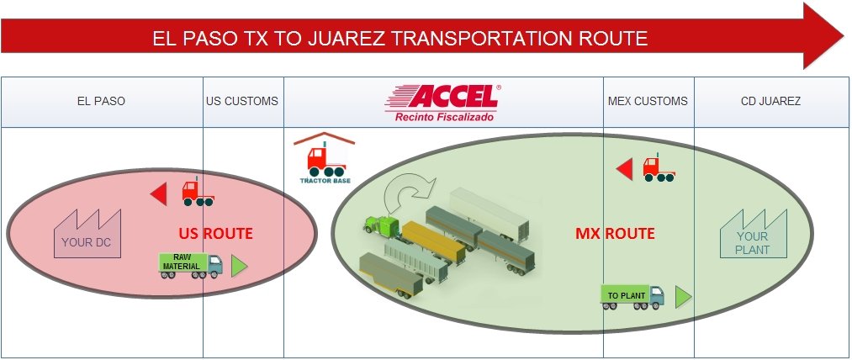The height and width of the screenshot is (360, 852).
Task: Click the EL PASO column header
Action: pyautogui.click(x=101, y=101)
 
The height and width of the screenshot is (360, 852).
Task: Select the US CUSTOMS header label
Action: pyautogui.click(x=241, y=101)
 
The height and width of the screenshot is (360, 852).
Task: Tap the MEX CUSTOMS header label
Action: pyautogui.click(x=648, y=101)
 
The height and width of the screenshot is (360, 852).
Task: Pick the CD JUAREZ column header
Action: pyautogui.click(x=770, y=101)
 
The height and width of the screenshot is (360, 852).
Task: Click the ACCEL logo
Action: pyautogui.click(x=442, y=97)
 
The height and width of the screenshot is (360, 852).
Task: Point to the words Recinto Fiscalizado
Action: pyautogui.click(x=444, y=116)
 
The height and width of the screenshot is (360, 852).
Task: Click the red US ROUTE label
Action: pyautogui.click(x=215, y=233)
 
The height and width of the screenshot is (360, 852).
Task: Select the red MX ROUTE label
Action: pyautogui.click(x=615, y=233)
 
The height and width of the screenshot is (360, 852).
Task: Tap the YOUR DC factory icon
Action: pyautogui.click(x=87, y=234)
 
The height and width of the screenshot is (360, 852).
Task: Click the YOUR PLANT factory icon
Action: pyautogui.click(x=753, y=234)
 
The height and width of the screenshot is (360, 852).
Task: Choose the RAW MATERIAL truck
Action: pyautogui.click(x=190, y=266)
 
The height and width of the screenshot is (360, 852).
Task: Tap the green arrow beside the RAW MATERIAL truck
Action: pyautogui.click(x=238, y=266)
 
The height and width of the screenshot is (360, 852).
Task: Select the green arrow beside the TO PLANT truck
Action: pyautogui.click(x=682, y=297)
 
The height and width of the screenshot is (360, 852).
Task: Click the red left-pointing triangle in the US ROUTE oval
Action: pyautogui.click(x=159, y=194)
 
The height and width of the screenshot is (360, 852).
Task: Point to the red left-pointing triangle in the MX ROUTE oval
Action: pyautogui.click(x=625, y=169)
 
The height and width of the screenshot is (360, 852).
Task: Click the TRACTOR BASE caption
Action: pyautogui.click(x=325, y=181)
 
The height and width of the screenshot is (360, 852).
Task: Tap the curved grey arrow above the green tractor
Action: pyautogui.click(x=409, y=192)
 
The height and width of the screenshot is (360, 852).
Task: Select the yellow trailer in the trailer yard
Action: pyautogui.click(x=433, y=242)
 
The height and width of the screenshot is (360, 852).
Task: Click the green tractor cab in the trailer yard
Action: pyautogui.click(x=383, y=225)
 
